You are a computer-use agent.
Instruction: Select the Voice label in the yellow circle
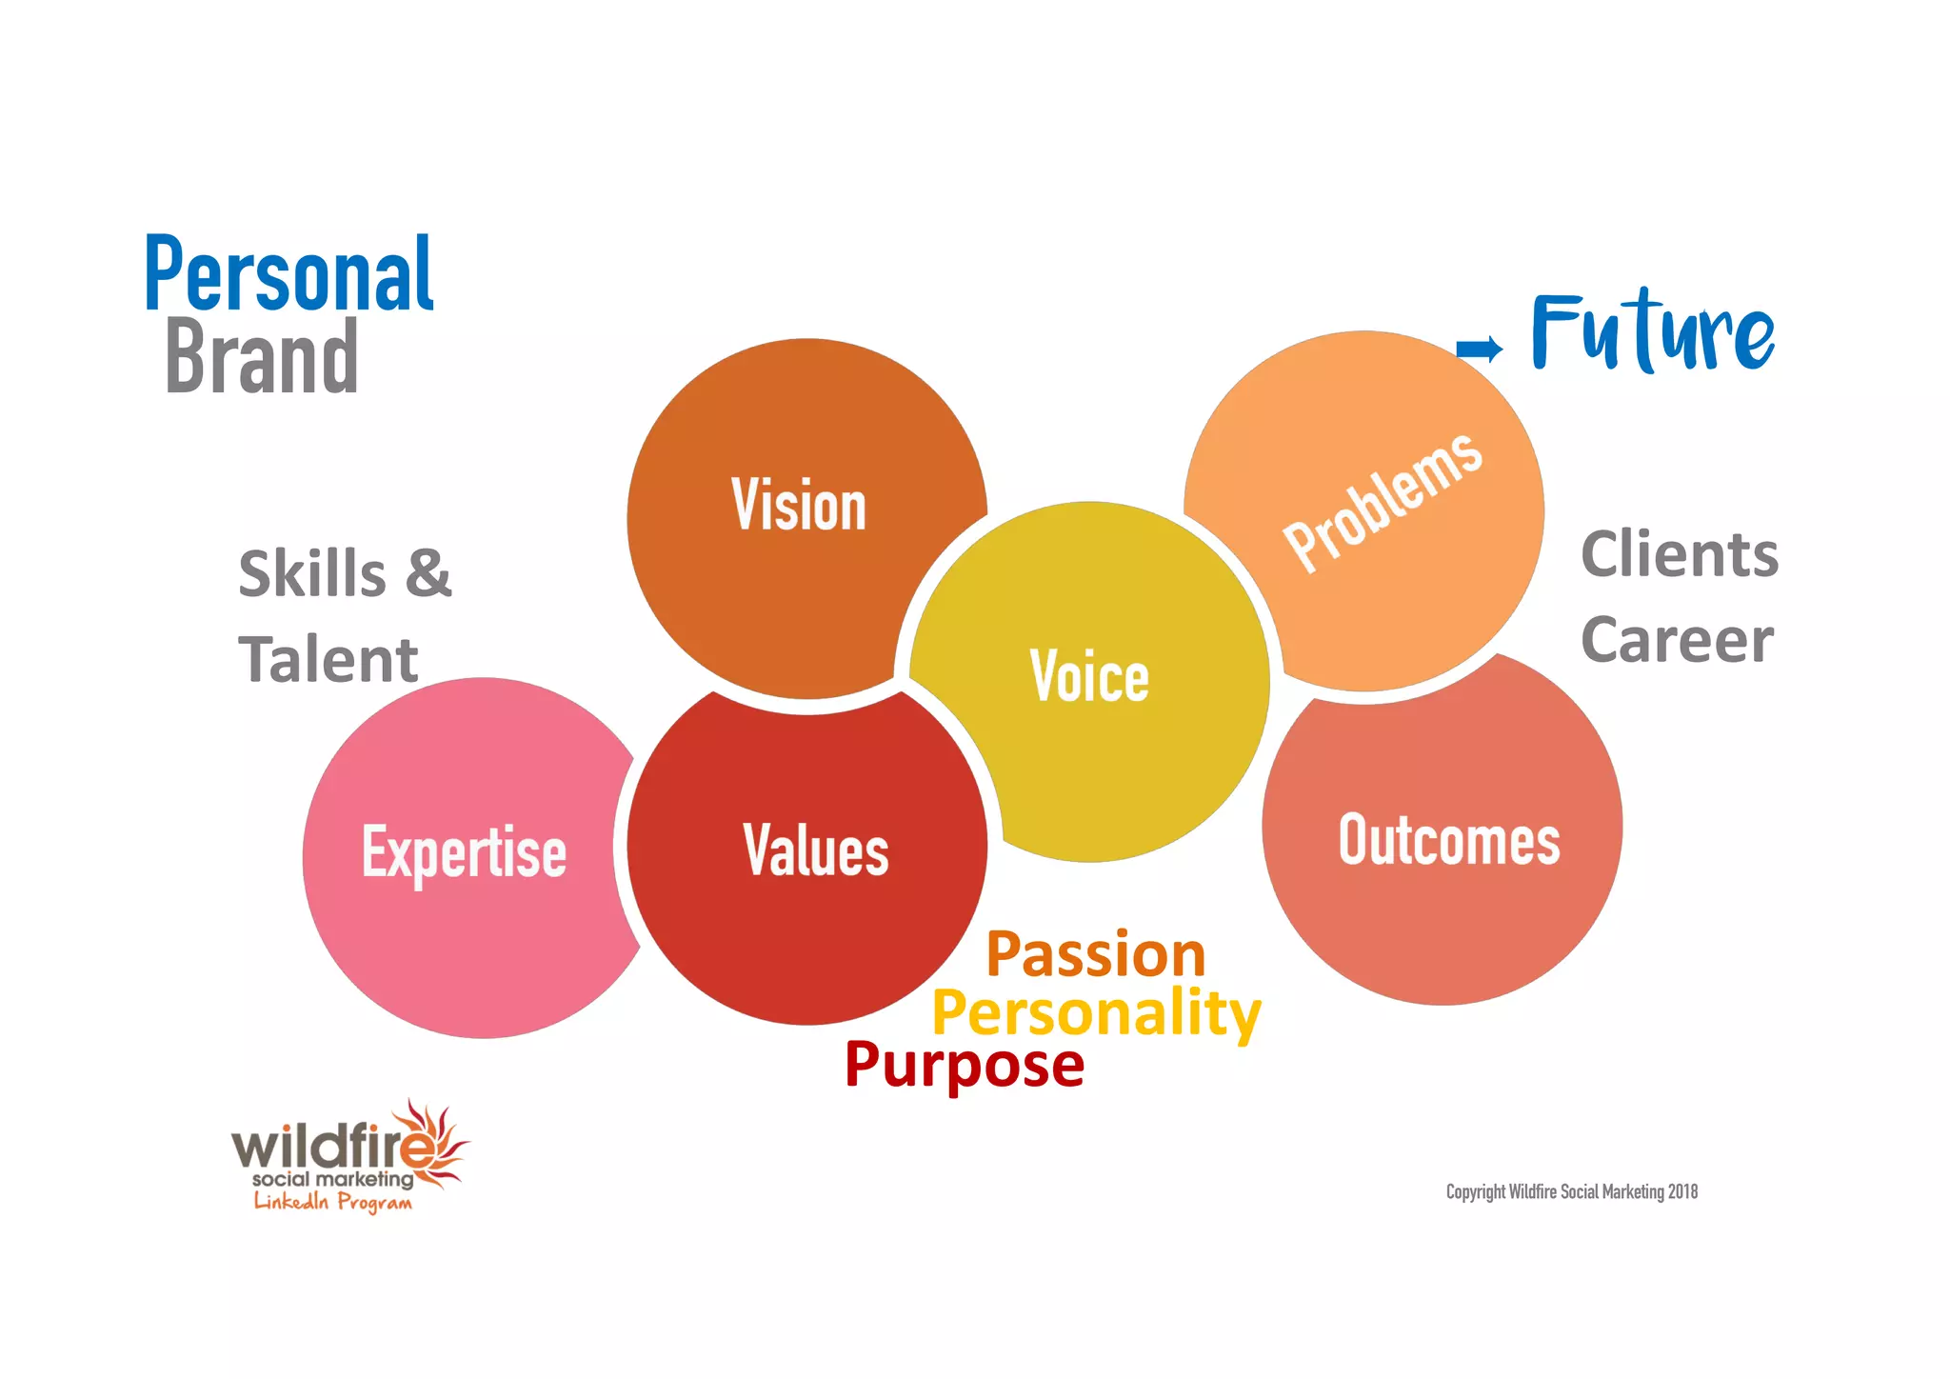[x=1089, y=676]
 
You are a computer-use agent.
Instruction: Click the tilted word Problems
[x=1383, y=501]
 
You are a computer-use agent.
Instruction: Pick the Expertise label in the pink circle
[x=464, y=851]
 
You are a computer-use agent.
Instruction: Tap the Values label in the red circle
[x=816, y=849]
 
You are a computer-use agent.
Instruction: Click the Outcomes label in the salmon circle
[x=1449, y=840]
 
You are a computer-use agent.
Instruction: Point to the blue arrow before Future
[x=1480, y=349]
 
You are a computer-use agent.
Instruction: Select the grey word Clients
[x=1680, y=554]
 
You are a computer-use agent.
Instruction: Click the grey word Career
[x=1677, y=640]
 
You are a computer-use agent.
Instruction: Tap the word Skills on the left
[x=311, y=574]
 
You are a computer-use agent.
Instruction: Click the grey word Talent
[x=328, y=660]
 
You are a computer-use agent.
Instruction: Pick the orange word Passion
[x=1096, y=954]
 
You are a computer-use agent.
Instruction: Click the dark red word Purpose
[x=964, y=1065]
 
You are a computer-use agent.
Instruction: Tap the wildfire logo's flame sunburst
[x=441, y=1143]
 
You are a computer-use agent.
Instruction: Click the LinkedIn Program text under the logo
[x=333, y=1202]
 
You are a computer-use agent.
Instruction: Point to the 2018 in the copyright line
[x=1682, y=1192]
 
